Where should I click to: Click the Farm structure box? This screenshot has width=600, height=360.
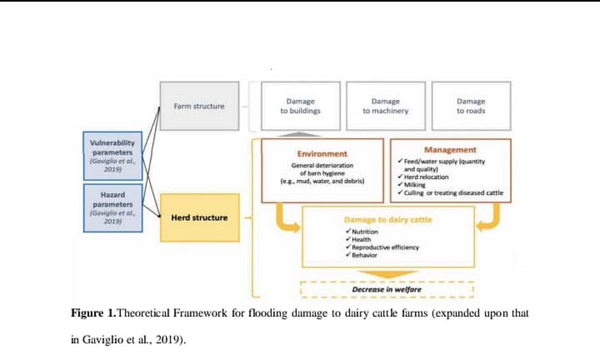(x=199, y=106)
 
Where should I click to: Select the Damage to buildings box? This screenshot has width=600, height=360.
(x=300, y=106)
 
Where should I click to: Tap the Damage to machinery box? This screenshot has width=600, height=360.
(x=385, y=106)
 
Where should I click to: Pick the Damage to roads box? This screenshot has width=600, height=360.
(x=471, y=106)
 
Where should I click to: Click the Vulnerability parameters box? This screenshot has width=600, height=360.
(x=112, y=155)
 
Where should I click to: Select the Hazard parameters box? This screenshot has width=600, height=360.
(x=112, y=208)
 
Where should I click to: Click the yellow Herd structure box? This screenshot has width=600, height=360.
(x=199, y=218)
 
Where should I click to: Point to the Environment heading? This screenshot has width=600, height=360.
(x=322, y=154)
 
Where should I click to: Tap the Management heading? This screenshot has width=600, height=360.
(x=450, y=150)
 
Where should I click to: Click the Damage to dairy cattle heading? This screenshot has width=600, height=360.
(x=388, y=220)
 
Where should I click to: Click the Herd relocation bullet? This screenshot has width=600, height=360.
(x=426, y=177)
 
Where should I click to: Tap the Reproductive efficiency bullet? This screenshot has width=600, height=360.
(x=385, y=247)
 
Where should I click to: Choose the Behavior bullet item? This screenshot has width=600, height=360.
(x=364, y=255)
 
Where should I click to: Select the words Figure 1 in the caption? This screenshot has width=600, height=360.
(x=93, y=313)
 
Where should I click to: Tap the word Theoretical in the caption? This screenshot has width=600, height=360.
(x=145, y=313)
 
